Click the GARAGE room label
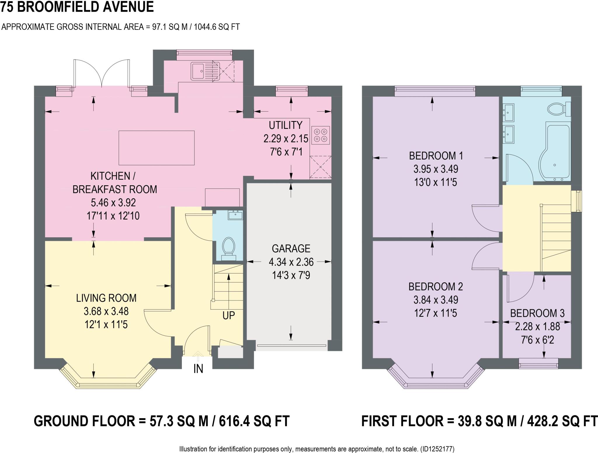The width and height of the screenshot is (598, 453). pyautogui.click(x=291, y=248)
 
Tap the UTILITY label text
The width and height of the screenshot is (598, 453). pyautogui.click(x=285, y=125)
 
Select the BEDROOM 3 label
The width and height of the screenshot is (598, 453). pyautogui.click(x=537, y=313)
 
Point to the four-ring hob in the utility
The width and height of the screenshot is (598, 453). pyautogui.click(x=321, y=135)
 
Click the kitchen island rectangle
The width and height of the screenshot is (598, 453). pyautogui.click(x=157, y=148)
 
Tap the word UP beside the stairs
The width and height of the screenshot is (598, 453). pyautogui.click(x=228, y=316)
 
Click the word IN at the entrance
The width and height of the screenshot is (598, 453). pyautogui.click(x=198, y=369)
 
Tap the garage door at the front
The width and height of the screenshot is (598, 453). pyautogui.click(x=291, y=346)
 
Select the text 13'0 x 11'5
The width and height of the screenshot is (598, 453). pyautogui.click(x=435, y=182)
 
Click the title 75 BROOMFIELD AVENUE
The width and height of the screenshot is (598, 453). pyautogui.click(x=77, y=7)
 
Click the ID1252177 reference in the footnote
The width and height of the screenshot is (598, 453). pyautogui.click(x=437, y=449)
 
